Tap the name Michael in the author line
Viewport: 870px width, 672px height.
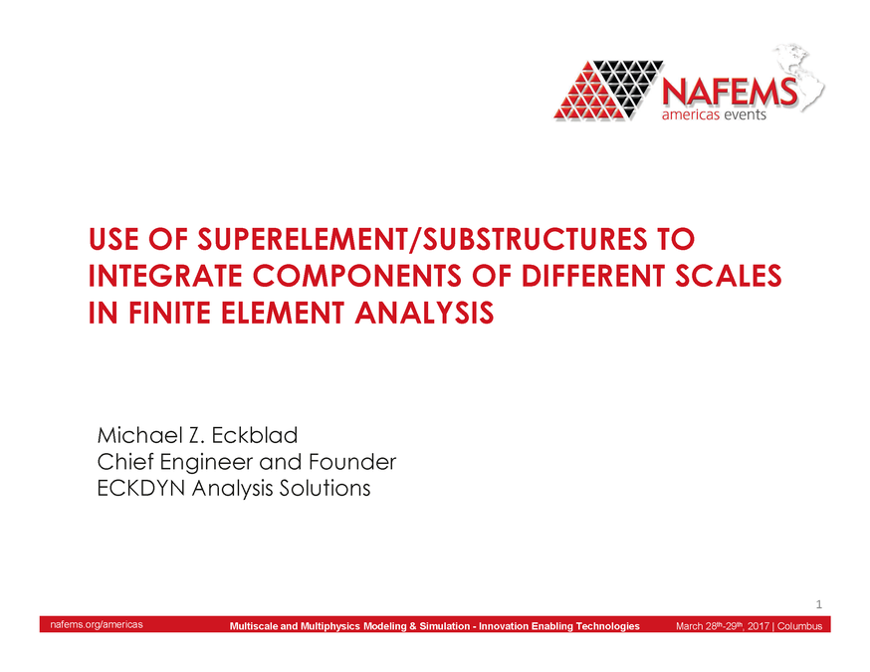(x=137, y=436)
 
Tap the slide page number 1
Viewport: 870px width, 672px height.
(x=817, y=604)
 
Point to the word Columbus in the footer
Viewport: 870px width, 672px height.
(x=799, y=625)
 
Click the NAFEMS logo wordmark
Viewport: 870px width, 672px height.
(x=730, y=93)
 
